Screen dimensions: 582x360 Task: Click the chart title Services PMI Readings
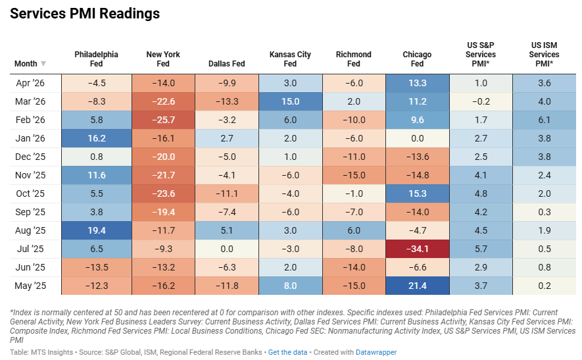pos(85,14)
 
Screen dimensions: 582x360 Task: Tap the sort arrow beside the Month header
pos(43,64)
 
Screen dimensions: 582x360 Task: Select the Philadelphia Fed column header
pos(96,59)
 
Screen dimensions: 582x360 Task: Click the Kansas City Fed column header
pos(290,59)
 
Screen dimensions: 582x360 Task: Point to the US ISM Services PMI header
pos(544,54)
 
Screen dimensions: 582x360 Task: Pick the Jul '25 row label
pos(30,249)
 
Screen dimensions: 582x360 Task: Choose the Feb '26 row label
pos(30,120)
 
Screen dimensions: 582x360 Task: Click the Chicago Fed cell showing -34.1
pos(418,249)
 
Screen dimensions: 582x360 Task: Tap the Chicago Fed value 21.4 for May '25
pos(418,286)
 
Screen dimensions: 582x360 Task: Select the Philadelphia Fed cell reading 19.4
pos(97,230)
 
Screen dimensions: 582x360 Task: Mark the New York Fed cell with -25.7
pos(163,120)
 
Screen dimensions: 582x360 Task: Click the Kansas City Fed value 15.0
pos(290,101)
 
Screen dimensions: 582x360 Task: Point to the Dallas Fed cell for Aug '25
pos(227,230)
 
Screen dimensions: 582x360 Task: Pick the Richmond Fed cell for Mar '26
pos(354,101)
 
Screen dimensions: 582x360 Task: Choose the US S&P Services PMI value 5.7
pos(481,249)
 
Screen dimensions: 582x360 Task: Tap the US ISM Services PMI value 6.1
pos(545,120)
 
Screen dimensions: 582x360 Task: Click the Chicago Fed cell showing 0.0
pos(418,138)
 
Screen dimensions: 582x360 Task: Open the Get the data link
pos(287,352)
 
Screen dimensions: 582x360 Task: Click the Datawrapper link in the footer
pos(376,352)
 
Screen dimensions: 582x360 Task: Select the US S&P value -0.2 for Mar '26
pos(481,101)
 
